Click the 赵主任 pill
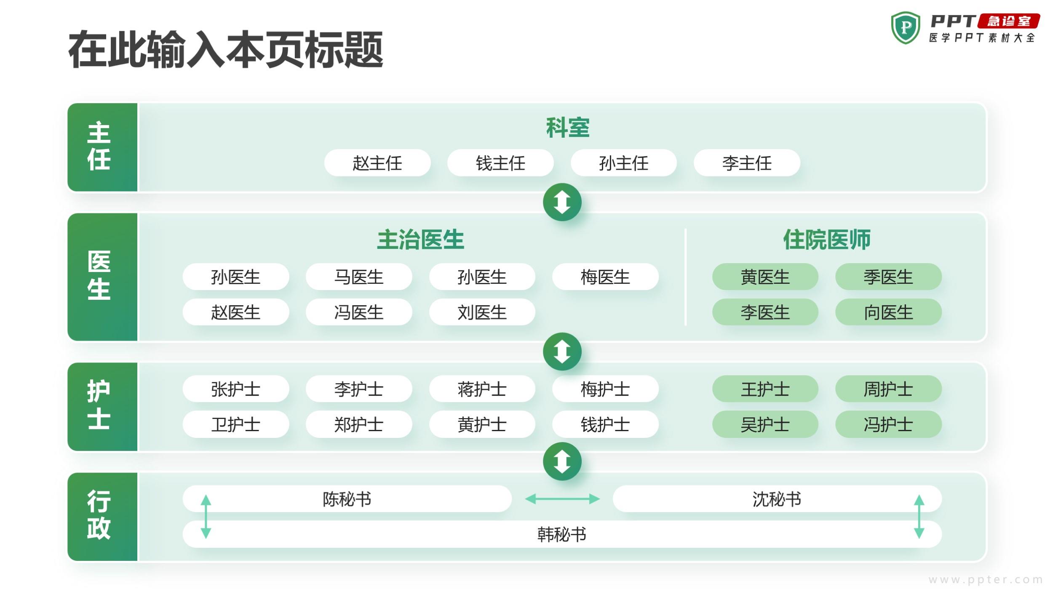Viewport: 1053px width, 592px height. (377, 163)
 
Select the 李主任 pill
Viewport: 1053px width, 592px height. (747, 163)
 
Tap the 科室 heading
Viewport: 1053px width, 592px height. (568, 128)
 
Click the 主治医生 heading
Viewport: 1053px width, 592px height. (420, 240)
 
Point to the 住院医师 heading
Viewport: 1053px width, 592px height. (827, 240)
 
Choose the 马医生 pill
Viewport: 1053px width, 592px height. (359, 277)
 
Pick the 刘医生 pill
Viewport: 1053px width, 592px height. (482, 312)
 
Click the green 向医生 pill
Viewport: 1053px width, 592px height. (888, 312)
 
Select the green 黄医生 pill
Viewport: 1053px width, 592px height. (765, 277)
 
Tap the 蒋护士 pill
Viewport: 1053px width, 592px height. (482, 389)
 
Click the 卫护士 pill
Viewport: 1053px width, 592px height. (236, 424)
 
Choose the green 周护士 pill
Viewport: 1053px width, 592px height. (888, 389)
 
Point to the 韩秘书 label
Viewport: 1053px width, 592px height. (562, 534)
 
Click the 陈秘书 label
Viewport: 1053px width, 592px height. (347, 499)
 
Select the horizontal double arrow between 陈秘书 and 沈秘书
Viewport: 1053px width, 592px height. (562, 499)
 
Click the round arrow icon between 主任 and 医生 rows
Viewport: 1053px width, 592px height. (562, 202)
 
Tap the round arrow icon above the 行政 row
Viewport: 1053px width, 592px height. (562, 461)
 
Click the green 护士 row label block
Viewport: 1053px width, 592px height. (102, 407)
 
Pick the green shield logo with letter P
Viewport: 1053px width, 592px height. (905, 28)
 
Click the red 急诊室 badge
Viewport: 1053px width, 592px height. (1009, 21)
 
